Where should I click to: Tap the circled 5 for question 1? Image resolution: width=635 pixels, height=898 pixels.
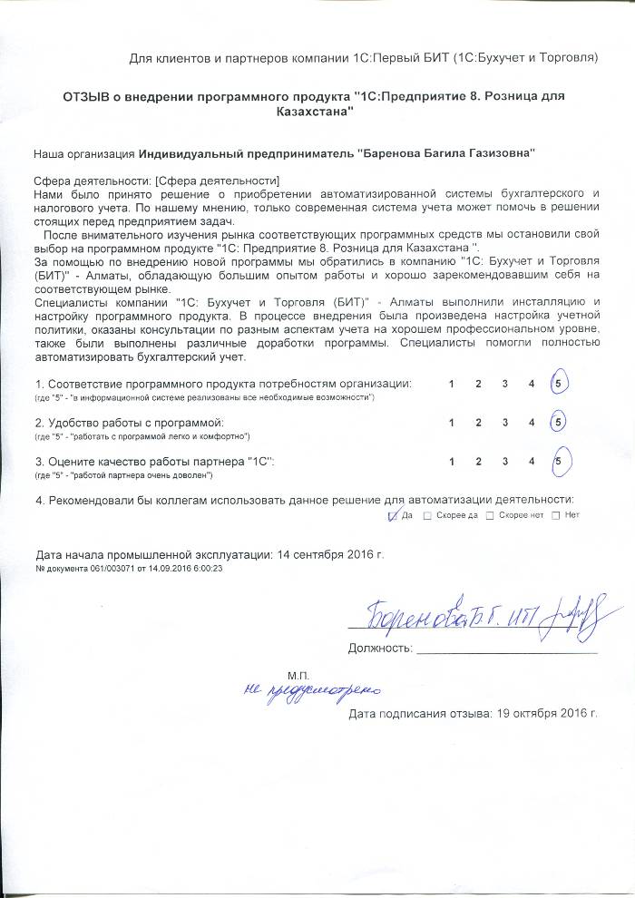tap(559, 384)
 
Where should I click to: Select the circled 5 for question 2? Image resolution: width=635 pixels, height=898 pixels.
tap(559, 423)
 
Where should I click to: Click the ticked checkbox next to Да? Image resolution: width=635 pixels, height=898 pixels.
tap(393, 515)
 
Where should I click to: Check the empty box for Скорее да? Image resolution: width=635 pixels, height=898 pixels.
tap(427, 515)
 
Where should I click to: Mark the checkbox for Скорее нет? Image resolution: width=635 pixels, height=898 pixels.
tap(490, 515)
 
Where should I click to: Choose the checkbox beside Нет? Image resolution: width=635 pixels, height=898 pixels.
tap(554, 515)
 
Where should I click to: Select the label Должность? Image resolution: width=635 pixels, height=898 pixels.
tap(380, 649)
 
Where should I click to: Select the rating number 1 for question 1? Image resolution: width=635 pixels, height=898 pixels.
tap(452, 384)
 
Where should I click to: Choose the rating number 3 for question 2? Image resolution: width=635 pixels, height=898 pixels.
tap(504, 423)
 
